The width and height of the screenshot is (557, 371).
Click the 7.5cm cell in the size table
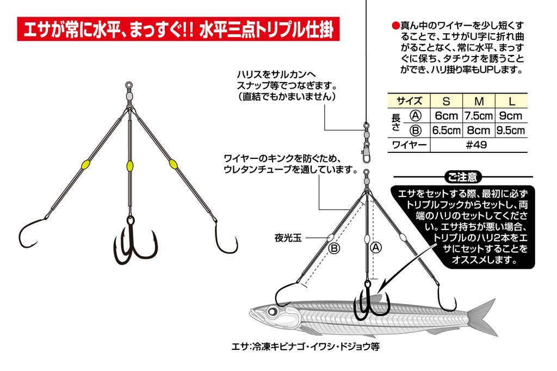pyautogui.click(x=478, y=116)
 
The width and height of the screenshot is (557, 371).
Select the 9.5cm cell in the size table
pyautogui.click(x=510, y=131)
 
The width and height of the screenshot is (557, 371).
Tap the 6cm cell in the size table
pyautogui.click(x=446, y=116)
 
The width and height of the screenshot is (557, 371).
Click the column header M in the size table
pyautogui.click(x=479, y=101)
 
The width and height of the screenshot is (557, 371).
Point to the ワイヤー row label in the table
pyautogui.click(x=408, y=145)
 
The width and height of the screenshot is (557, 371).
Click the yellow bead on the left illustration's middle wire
pyautogui.click(x=130, y=166)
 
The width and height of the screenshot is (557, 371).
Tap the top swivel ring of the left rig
pyautogui.click(x=129, y=85)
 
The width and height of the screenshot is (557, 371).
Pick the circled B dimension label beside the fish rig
pyautogui.click(x=333, y=248)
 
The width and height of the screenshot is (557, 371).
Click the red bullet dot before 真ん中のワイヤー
pyautogui.click(x=395, y=26)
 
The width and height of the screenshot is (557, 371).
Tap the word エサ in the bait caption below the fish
pyautogui.click(x=238, y=345)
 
